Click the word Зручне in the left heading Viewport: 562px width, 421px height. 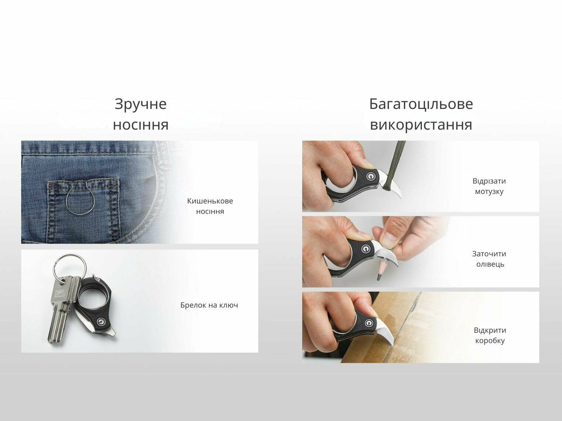[x=140, y=104]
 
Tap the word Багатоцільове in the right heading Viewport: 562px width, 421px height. [x=421, y=104]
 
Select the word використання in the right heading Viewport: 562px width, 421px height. [x=421, y=125]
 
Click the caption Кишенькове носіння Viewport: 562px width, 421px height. [x=210, y=206]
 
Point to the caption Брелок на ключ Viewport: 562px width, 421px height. [x=209, y=305]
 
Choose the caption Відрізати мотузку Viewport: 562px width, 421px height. [x=489, y=186]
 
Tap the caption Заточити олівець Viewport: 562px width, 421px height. [x=489, y=259]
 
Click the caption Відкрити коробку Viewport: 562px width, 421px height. [x=490, y=335]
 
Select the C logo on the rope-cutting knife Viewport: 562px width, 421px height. [x=370, y=176]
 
